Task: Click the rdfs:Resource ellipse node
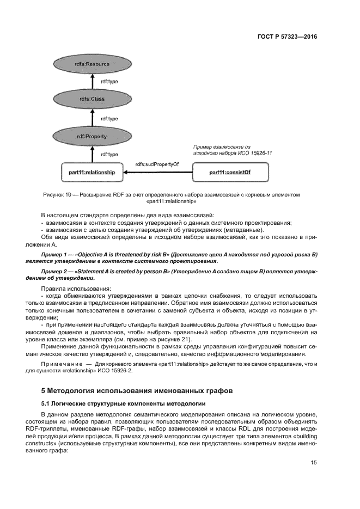pos(92,64)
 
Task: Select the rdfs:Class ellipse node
pos(92,99)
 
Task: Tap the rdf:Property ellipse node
pos(92,136)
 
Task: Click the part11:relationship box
pos(92,173)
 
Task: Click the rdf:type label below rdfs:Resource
pos(109,82)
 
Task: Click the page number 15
pos(314,463)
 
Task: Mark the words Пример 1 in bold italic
pos(56,255)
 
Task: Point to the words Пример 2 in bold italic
pos(56,272)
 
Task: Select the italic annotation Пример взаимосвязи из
pos(221,147)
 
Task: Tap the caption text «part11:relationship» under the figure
pos(160,201)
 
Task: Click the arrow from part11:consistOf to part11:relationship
pos(158,173)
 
